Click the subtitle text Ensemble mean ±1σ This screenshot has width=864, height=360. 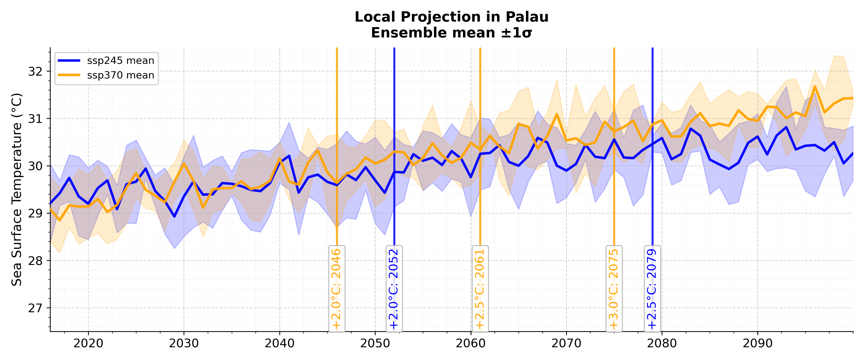click(x=451, y=33)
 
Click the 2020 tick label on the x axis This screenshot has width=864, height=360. click(x=88, y=343)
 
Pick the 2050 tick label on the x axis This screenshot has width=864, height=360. click(x=375, y=343)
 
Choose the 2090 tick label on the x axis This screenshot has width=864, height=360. click(x=757, y=343)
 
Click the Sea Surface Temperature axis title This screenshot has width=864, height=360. click(x=17, y=190)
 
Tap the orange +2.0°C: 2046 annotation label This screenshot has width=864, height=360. click(x=336, y=288)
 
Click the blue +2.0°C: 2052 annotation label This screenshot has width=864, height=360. click(x=394, y=288)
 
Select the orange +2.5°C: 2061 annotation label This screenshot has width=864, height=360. click(x=480, y=288)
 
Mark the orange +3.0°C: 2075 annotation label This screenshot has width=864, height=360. click(x=614, y=288)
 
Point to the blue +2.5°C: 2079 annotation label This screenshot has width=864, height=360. click(x=652, y=288)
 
